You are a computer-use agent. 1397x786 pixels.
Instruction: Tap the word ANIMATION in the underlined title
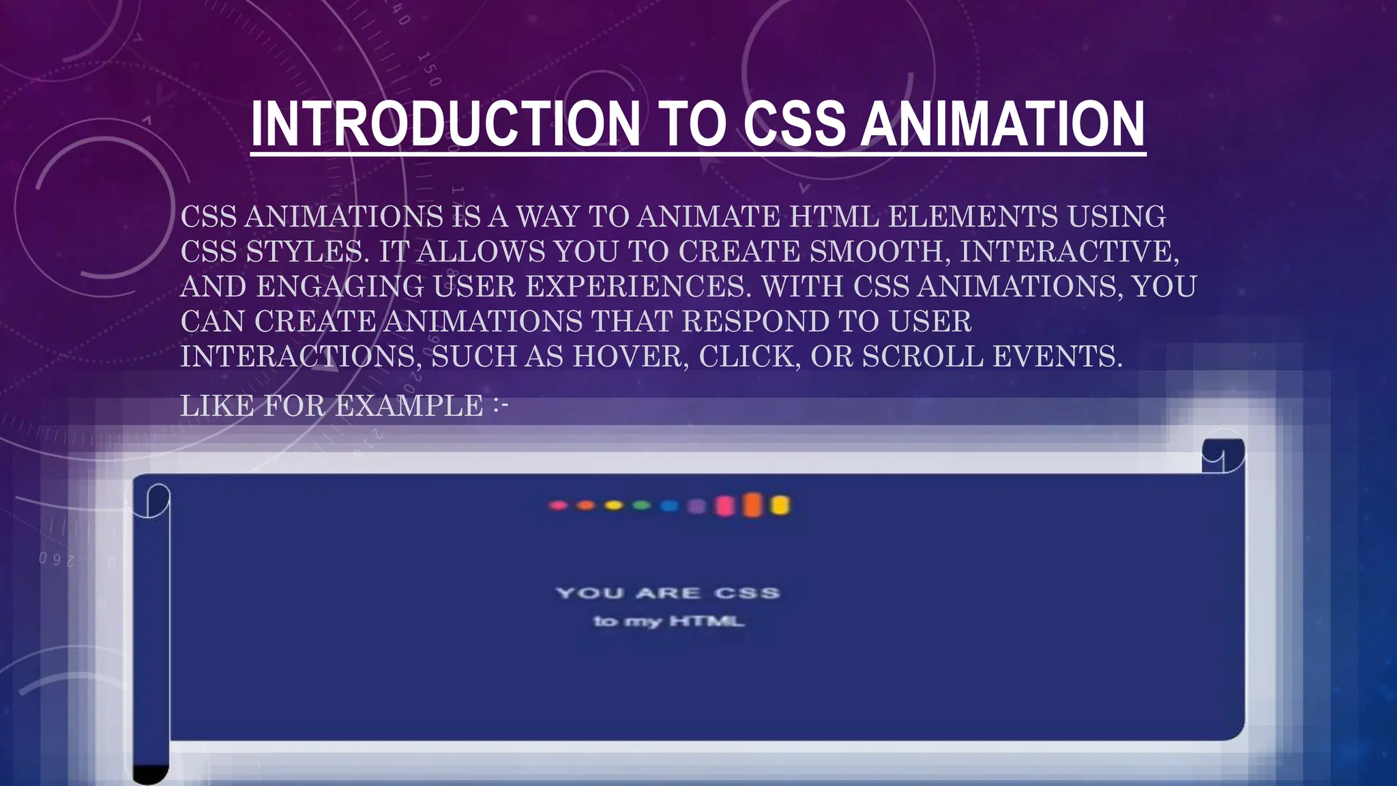[1002, 125]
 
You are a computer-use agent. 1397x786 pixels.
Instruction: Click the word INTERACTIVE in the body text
[1068, 252]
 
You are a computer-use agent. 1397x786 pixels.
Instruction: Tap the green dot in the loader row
[641, 506]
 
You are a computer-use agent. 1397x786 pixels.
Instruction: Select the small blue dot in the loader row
[669, 506]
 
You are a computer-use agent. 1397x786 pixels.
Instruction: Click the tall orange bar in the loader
[752, 505]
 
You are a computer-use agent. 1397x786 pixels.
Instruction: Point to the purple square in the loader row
[696, 506]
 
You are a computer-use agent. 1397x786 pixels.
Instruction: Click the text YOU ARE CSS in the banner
[667, 593]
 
